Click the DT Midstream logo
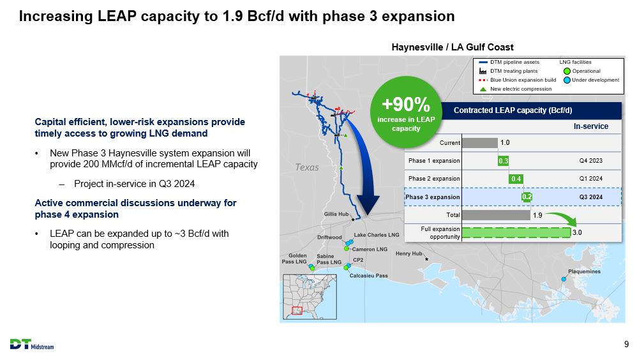pyautogui.click(x=32, y=345)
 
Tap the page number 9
pyautogui.click(x=626, y=345)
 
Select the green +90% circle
pyautogui.click(x=406, y=112)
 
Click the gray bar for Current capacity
pyautogui.click(x=480, y=142)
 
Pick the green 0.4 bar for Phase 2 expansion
pyautogui.click(x=516, y=179)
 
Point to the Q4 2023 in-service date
pyautogui.click(x=590, y=161)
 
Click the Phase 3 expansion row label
pyautogui.click(x=433, y=197)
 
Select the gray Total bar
pyautogui.click(x=496, y=215)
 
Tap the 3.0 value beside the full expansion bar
pyautogui.click(x=577, y=232)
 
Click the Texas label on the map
pyautogui.click(x=307, y=167)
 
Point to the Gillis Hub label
pyautogui.click(x=336, y=214)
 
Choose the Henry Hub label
pyautogui.click(x=408, y=253)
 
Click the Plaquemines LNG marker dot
pyautogui.click(x=564, y=279)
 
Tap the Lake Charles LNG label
pyautogui.click(x=376, y=235)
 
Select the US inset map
pyautogui.click(x=310, y=297)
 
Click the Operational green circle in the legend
pyautogui.click(x=567, y=71)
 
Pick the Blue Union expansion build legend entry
pyautogui.click(x=518, y=80)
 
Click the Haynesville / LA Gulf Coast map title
pyautogui.click(x=452, y=47)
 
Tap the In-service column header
pyautogui.click(x=590, y=126)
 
